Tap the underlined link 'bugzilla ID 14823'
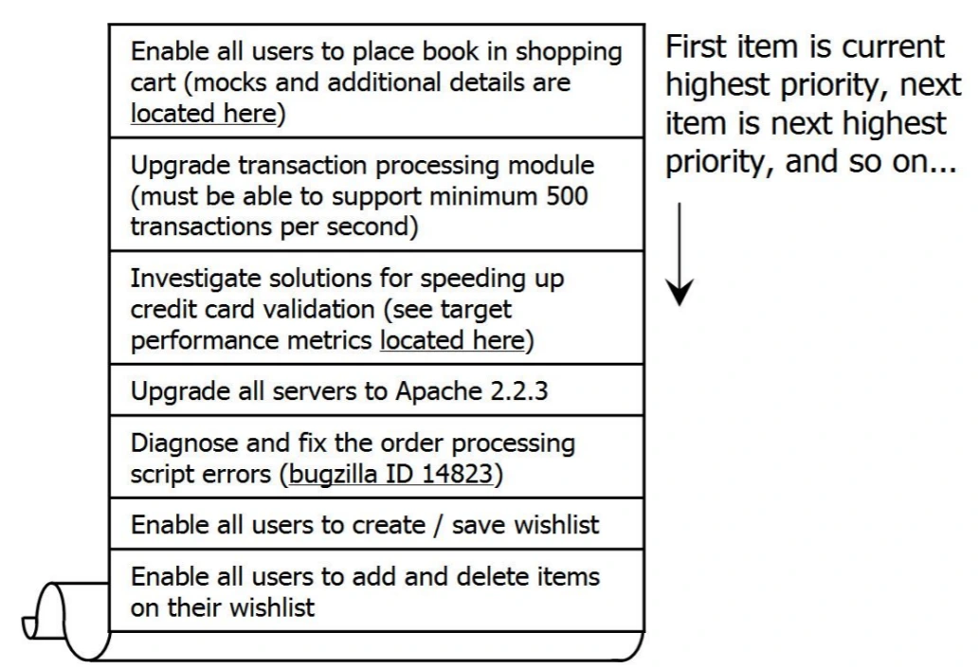click(x=390, y=475)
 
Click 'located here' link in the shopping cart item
click(x=204, y=115)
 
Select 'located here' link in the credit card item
click(x=452, y=341)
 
